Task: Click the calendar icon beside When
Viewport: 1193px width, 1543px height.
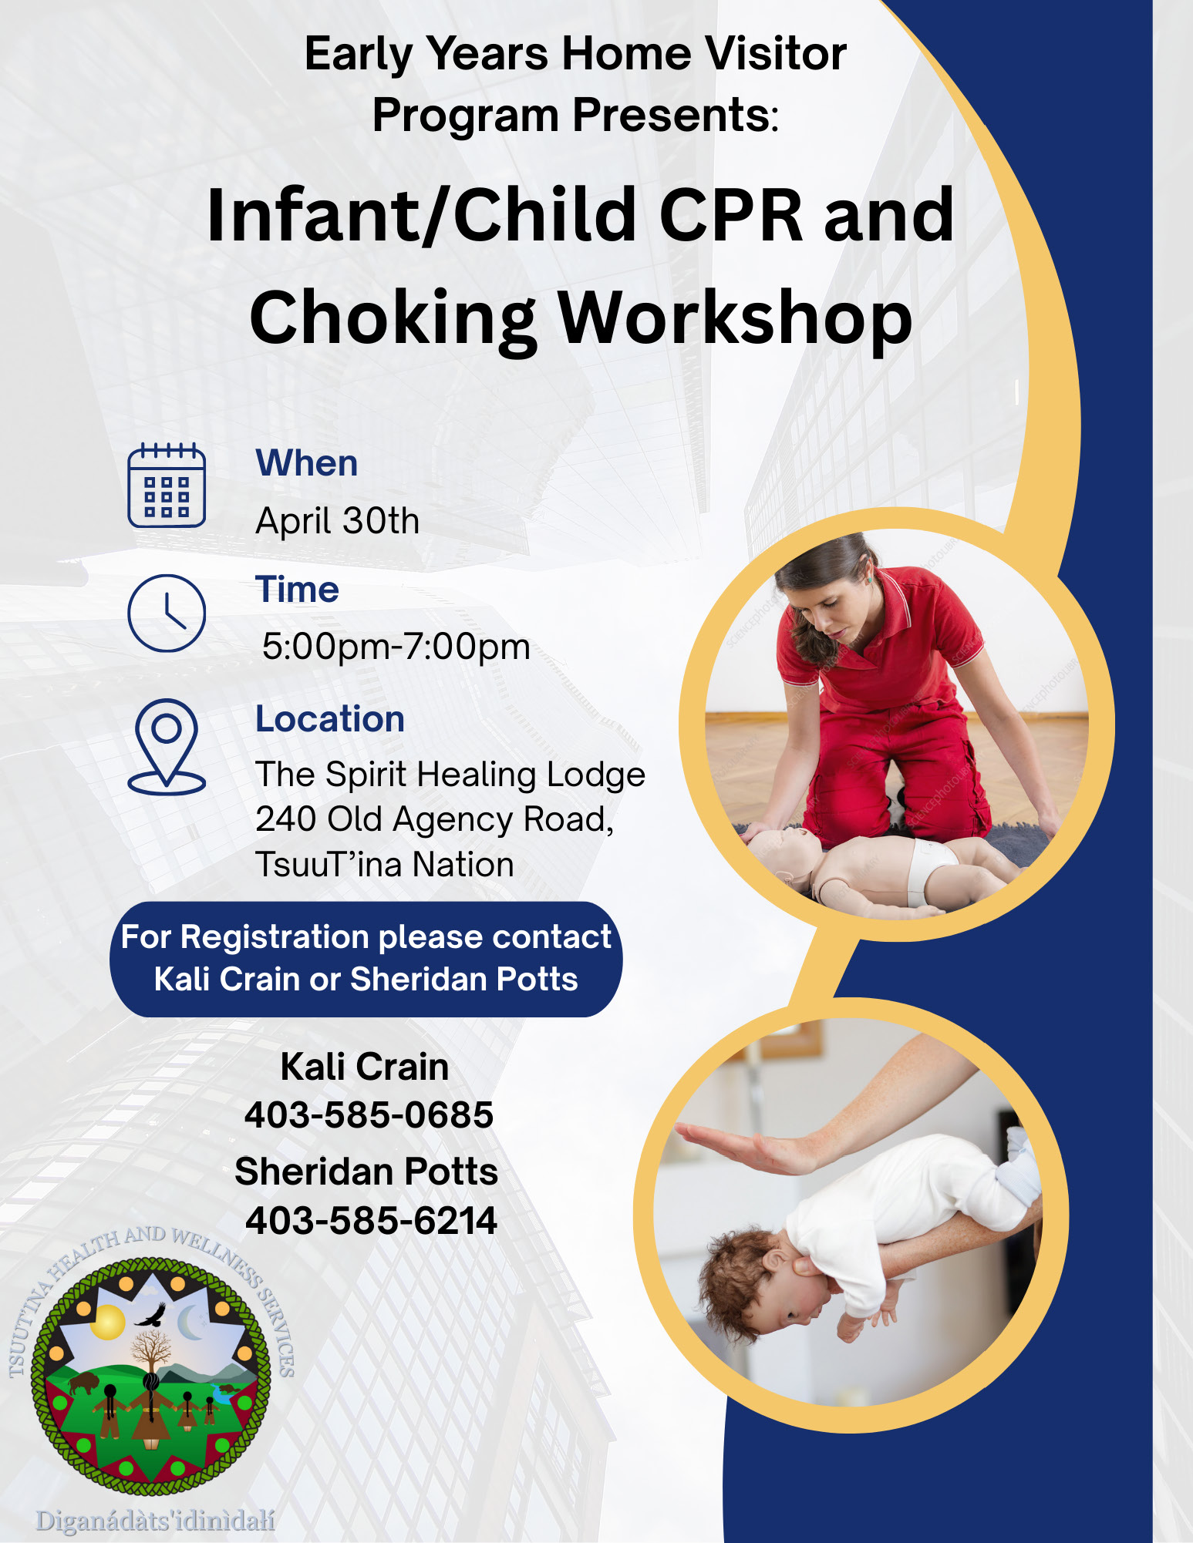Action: pos(167,485)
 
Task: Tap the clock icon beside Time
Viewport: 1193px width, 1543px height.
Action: pos(167,613)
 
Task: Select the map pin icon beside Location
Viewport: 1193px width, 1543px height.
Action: pos(167,746)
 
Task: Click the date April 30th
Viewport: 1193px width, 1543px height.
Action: pos(338,521)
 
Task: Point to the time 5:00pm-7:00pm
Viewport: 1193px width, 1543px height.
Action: pos(396,647)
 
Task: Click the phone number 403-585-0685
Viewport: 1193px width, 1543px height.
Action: pos(369,1114)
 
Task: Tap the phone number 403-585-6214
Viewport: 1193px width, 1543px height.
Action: pos(371,1221)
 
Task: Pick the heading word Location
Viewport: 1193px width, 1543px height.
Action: pos(330,719)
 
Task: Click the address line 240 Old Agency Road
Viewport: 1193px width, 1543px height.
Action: pos(435,819)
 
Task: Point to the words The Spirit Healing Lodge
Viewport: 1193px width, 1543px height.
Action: pos(450,775)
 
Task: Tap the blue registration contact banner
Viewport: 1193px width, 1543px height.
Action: pos(366,959)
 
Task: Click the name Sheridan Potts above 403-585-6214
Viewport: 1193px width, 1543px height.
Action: pos(366,1172)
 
